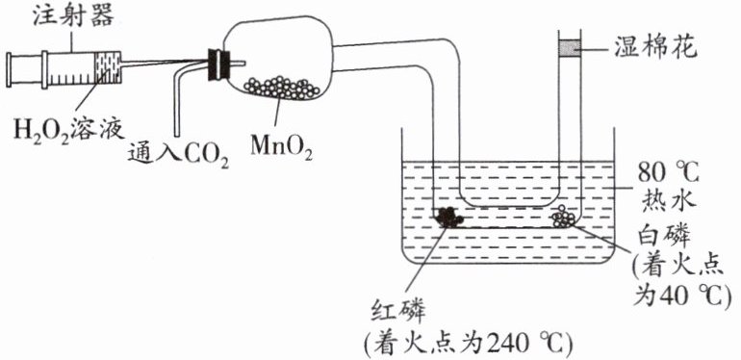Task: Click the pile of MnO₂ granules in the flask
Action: tap(282, 88)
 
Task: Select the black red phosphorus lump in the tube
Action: tap(448, 218)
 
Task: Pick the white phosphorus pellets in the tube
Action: tap(563, 217)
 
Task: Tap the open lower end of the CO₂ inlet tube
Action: tap(178, 136)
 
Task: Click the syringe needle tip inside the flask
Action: tap(244, 63)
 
